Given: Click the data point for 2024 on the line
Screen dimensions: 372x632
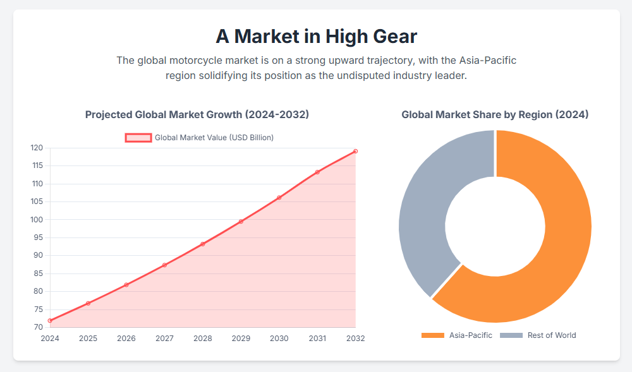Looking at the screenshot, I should pyautogui.click(x=50, y=321).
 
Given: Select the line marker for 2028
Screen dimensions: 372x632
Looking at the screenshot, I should pyautogui.click(x=203, y=244).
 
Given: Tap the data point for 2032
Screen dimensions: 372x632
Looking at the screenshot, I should pyautogui.click(x=355, y=151).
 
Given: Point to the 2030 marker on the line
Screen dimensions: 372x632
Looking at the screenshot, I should pyautogui.click(x=279, y=198).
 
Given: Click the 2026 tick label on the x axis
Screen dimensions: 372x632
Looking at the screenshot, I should pyautogui.click(x=126, y=339).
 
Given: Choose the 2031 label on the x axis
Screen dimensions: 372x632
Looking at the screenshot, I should pyautogui.click(x=317, y=339).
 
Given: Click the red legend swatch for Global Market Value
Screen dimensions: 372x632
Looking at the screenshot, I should pyautogui.click(x=138, y=138).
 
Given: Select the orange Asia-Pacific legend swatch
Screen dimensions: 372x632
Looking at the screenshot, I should pyautogui.click(x=433, y=335).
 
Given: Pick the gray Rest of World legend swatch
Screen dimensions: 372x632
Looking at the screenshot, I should pyautogui.click(x=511, y=335).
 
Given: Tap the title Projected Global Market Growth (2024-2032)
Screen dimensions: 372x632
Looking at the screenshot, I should pyautogui.click(x=197, y=114).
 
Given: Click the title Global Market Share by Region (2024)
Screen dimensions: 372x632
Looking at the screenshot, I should pyautogui.click(x=495, y=114).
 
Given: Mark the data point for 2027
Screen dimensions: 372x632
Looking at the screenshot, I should pyautogui.click(x=164, y=265).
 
